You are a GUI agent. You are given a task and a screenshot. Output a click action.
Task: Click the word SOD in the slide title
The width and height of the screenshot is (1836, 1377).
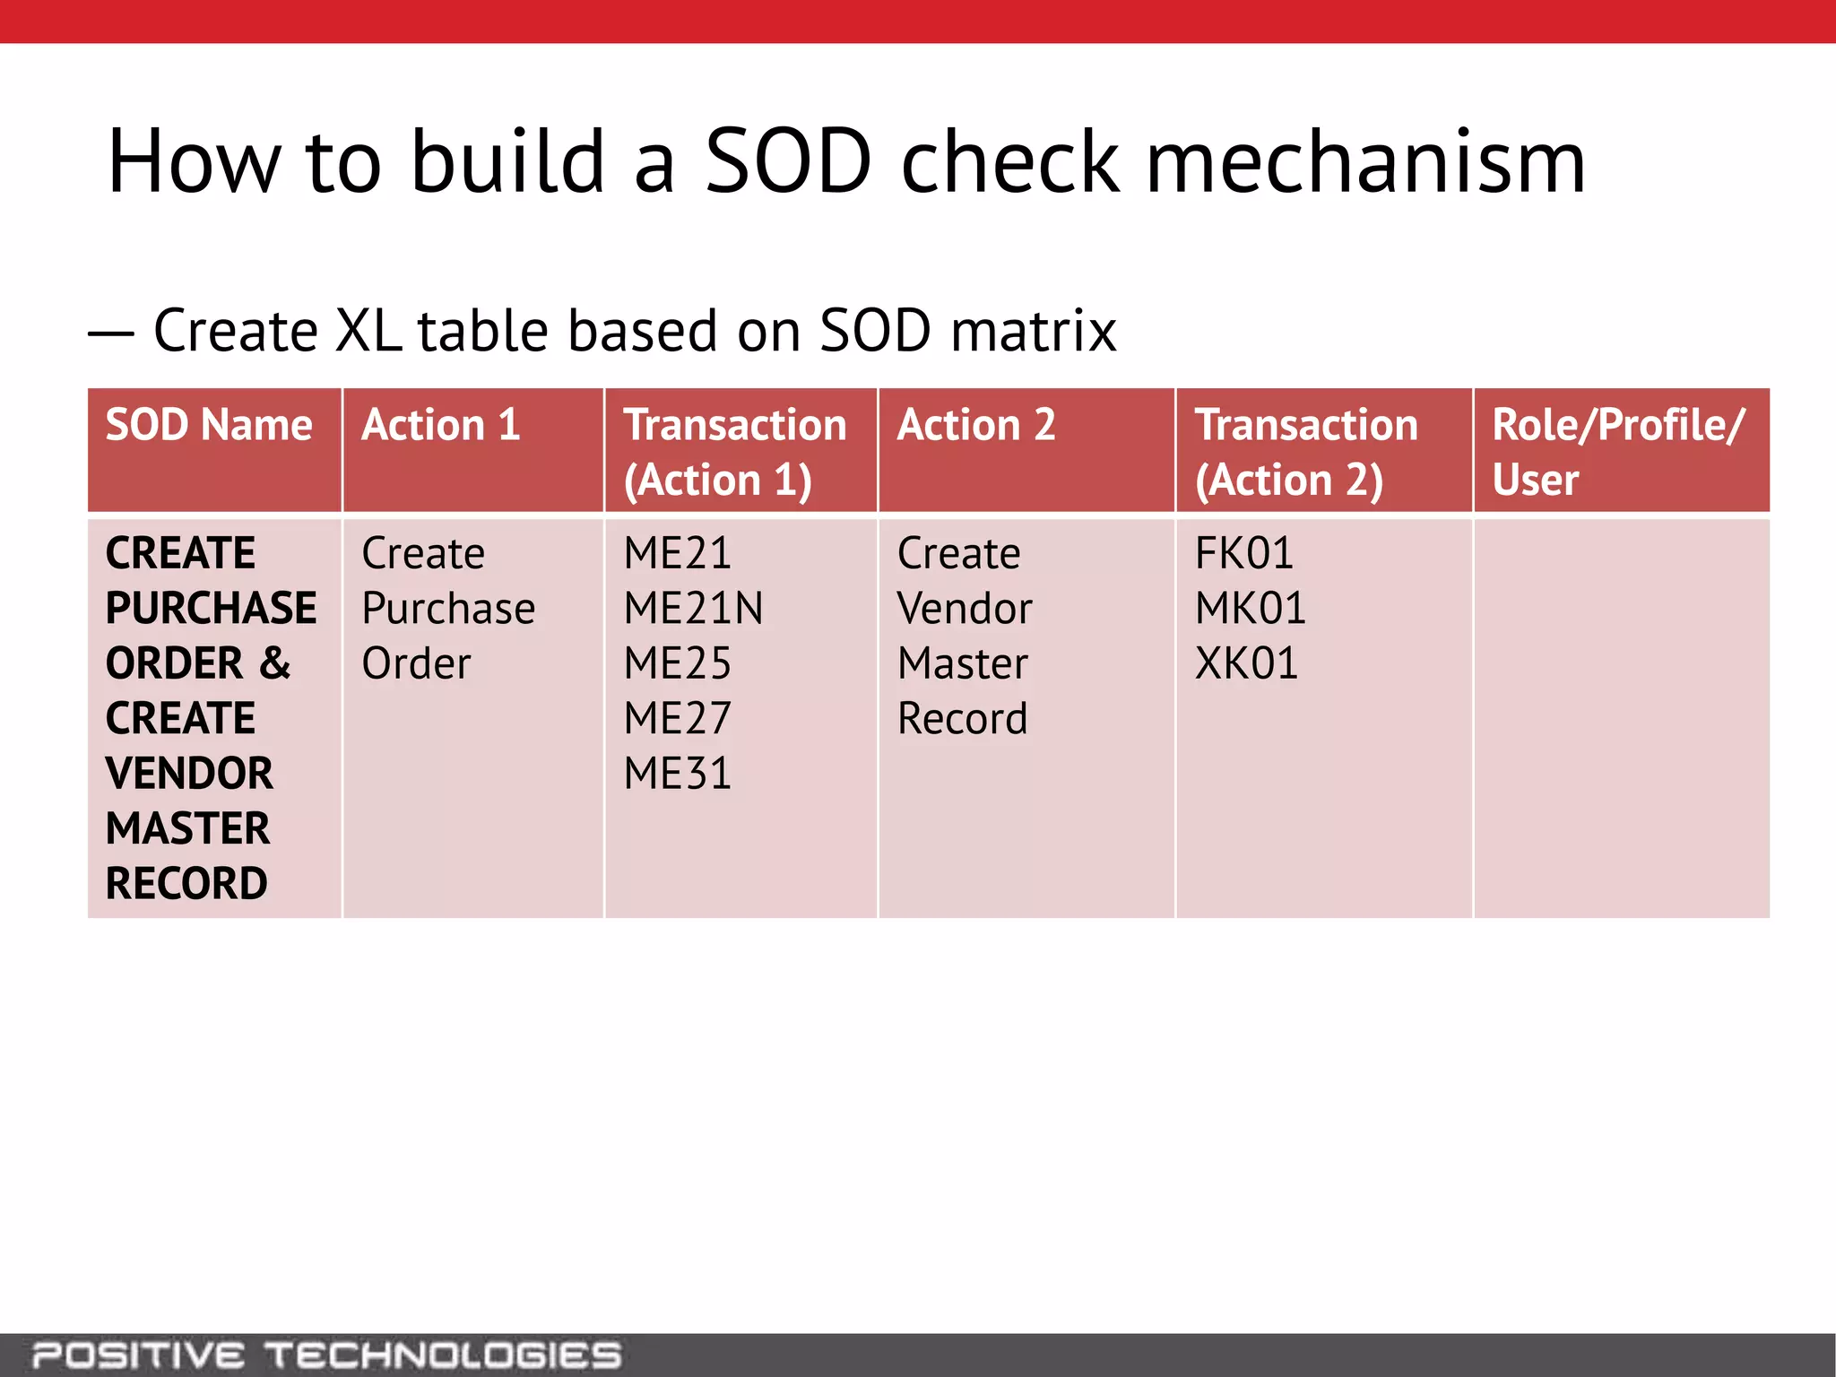tap(788, 161)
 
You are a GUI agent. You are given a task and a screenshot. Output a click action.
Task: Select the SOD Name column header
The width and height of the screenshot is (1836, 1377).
tap(209, 425)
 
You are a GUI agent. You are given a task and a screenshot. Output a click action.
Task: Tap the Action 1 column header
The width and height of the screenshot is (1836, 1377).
tap(440, 425)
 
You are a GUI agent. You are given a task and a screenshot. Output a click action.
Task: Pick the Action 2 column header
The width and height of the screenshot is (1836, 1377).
tap(976, 425)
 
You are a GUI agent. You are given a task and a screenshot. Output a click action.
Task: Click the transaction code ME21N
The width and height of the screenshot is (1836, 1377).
tap(693, 608)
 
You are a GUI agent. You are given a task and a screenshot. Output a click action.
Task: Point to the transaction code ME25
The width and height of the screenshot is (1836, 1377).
tap(677, 663)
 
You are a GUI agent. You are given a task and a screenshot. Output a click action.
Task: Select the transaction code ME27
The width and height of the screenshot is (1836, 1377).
tap(677, 718)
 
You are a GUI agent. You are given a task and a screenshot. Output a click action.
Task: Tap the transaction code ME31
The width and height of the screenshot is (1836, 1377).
tap(677, 774)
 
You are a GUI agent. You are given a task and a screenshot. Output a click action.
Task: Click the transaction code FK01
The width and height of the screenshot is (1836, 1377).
tap(1243, 553)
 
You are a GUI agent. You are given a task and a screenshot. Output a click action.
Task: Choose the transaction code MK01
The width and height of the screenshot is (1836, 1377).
tap(1250, 608)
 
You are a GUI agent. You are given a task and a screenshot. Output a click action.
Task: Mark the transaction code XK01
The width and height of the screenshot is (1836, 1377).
tap(1246, 663)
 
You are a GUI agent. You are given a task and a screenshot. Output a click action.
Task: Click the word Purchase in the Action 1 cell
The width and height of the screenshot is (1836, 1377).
tap(448, 608)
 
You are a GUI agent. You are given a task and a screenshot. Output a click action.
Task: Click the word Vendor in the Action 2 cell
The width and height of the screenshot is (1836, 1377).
tap(965, 608)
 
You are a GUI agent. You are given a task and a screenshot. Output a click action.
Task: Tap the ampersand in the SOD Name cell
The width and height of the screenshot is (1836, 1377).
tap(275, 663)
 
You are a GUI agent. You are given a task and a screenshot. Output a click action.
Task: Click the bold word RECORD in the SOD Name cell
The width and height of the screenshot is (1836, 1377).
tap(186, 883)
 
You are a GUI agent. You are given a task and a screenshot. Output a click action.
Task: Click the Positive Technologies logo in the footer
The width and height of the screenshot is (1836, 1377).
tap(326, 1355)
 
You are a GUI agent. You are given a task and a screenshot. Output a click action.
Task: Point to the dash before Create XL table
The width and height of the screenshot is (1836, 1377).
tap(111, 334)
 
